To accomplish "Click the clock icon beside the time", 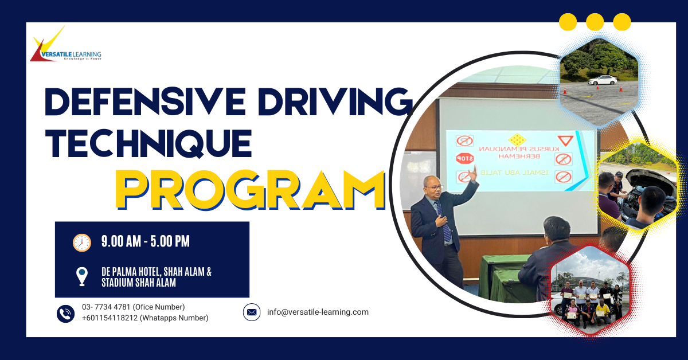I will tap(82, 242).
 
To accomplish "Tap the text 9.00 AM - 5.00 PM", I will tap(146, 242).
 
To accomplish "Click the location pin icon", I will tap(82, 276).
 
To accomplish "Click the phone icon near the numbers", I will tap(65, 313).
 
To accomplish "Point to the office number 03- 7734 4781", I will tap(133, 307).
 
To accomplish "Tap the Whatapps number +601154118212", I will tap(144, 318).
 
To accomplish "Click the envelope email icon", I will tap(252, 312).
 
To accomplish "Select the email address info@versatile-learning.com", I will tap(318, 312).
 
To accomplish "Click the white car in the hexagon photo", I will tap(602, 80).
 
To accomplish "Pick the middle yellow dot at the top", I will tap(595, 22).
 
